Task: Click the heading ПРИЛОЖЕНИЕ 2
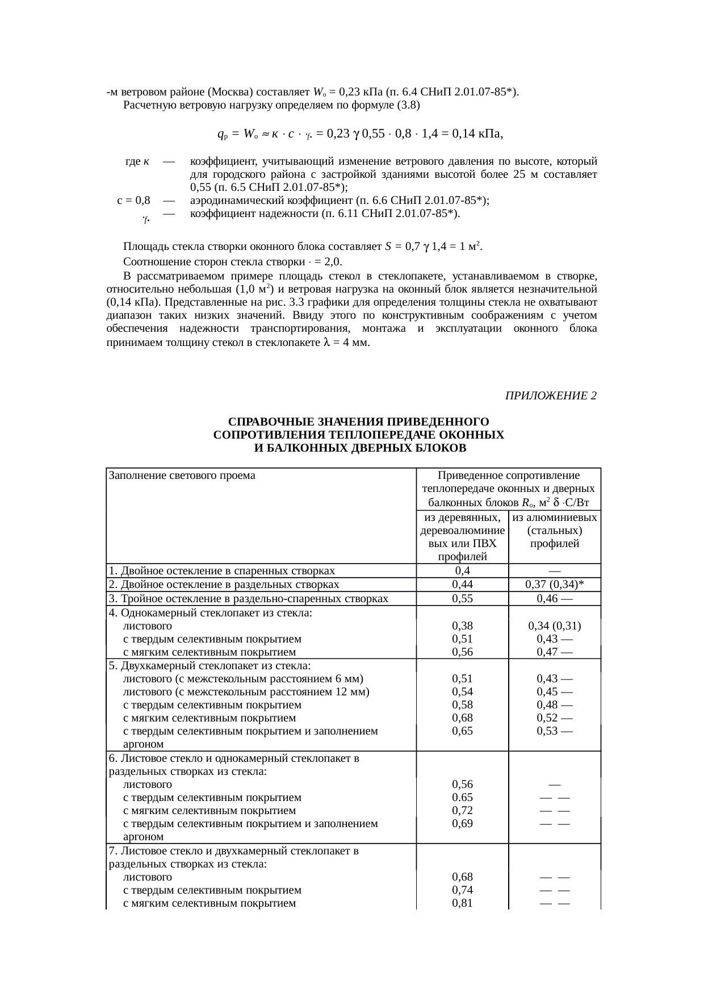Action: (x=550, y=395)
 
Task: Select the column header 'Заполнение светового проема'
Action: (x=182, y=475)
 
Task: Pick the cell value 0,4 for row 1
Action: (x=462, y=570)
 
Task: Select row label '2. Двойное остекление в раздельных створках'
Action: (x=224, y=585)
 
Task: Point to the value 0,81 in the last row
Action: (x=462, y=903)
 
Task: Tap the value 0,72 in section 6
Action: (x=462, y=810)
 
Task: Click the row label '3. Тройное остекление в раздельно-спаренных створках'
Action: (x=249, y=598)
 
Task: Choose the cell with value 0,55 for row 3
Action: (x=462, y=598)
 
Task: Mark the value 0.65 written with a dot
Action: (x=462, y=797)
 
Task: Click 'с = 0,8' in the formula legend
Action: (x=133, y=201)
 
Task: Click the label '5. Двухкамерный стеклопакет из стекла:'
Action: (x=209, y=665)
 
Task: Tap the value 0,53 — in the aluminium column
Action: (x=554, y=731)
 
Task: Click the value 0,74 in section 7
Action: (x=462, y=890)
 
